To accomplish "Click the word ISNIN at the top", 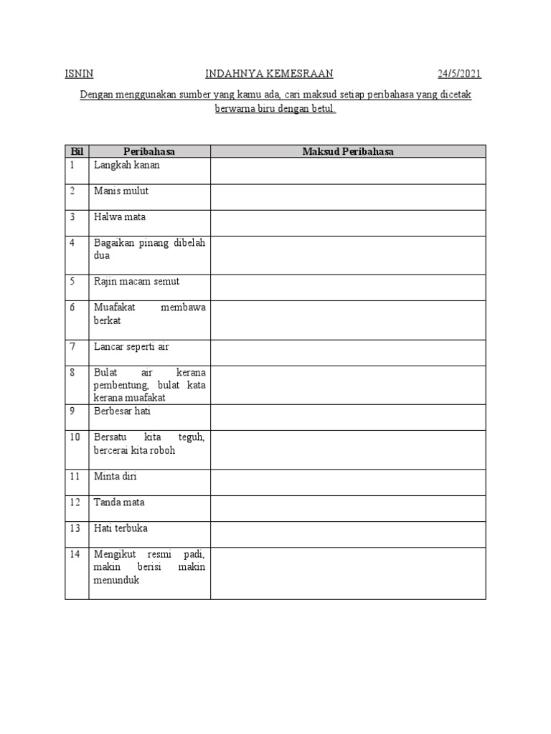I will coord(79,74).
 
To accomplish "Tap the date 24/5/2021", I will coord(460,74).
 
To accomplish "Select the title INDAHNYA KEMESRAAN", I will coord(270,74).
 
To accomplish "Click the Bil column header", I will coord(77,151).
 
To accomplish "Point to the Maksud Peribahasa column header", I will coord(348,151).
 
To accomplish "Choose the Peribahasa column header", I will coord(149,151).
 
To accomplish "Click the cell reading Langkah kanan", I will coord(127,165).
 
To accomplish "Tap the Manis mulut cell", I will coord(121,191).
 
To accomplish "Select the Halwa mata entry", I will coord(120,216).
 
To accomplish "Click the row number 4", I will coord(72,243).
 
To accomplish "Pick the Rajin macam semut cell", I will coord(136,282).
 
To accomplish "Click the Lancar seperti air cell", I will coord(131,347).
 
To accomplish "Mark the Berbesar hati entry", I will coord(122,412).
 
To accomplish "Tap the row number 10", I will coord(75,437).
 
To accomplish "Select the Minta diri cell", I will coord(115,476).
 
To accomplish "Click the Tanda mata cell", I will coord(119,502).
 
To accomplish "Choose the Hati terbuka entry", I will coord(120,528).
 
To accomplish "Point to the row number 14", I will coord(75,554).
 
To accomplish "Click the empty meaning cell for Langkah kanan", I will coord(348,171).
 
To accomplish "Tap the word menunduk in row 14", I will coord(116,581).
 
